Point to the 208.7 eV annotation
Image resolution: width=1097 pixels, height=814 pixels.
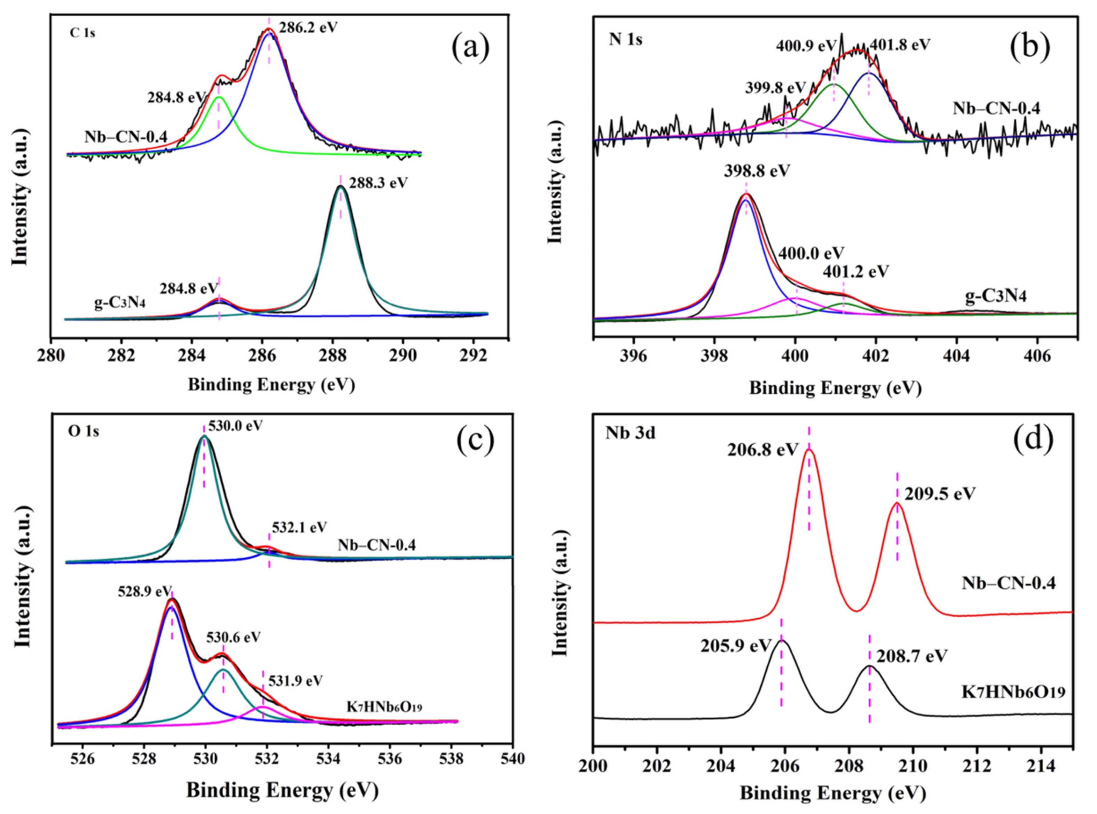[x=912, y=656]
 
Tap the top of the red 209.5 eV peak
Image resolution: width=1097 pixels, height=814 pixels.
[x=897, y=503]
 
